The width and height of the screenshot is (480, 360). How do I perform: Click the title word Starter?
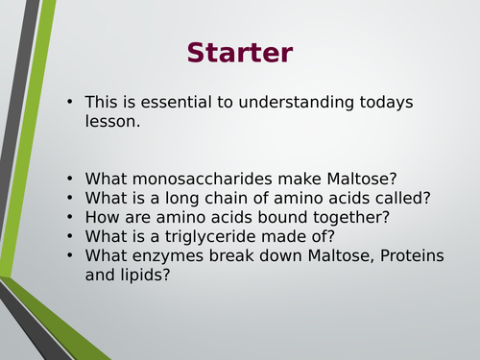pos(239,52)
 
